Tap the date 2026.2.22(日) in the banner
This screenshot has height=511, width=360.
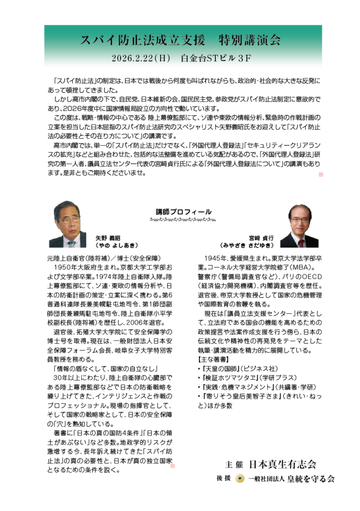tap(142, 58)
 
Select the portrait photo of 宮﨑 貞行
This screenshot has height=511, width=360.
tap(299, 226)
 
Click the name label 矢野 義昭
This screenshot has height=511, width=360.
tap(108, 239)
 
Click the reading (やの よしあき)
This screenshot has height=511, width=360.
tap(117, 246)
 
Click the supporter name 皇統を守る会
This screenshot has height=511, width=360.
tap(308, 479)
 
